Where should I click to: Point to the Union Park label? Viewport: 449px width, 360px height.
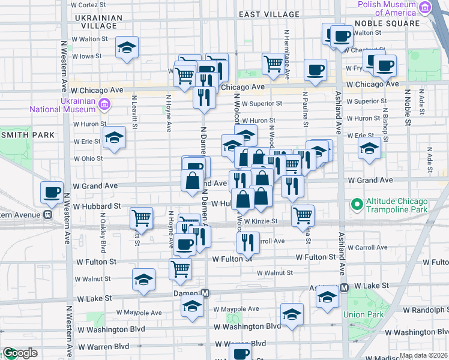[x=363, y=314]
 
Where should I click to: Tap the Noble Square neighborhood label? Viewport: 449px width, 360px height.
[x=387, y=23]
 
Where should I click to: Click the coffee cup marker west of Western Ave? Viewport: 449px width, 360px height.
[x=52, y=193]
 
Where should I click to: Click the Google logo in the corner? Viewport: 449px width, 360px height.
[x=19, y=353]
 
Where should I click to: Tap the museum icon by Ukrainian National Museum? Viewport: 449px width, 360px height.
[x=104, y=105]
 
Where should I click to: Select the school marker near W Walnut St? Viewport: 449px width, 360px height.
[x=143, y=279]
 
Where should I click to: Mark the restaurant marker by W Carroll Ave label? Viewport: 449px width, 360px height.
[x=247, y=242]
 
